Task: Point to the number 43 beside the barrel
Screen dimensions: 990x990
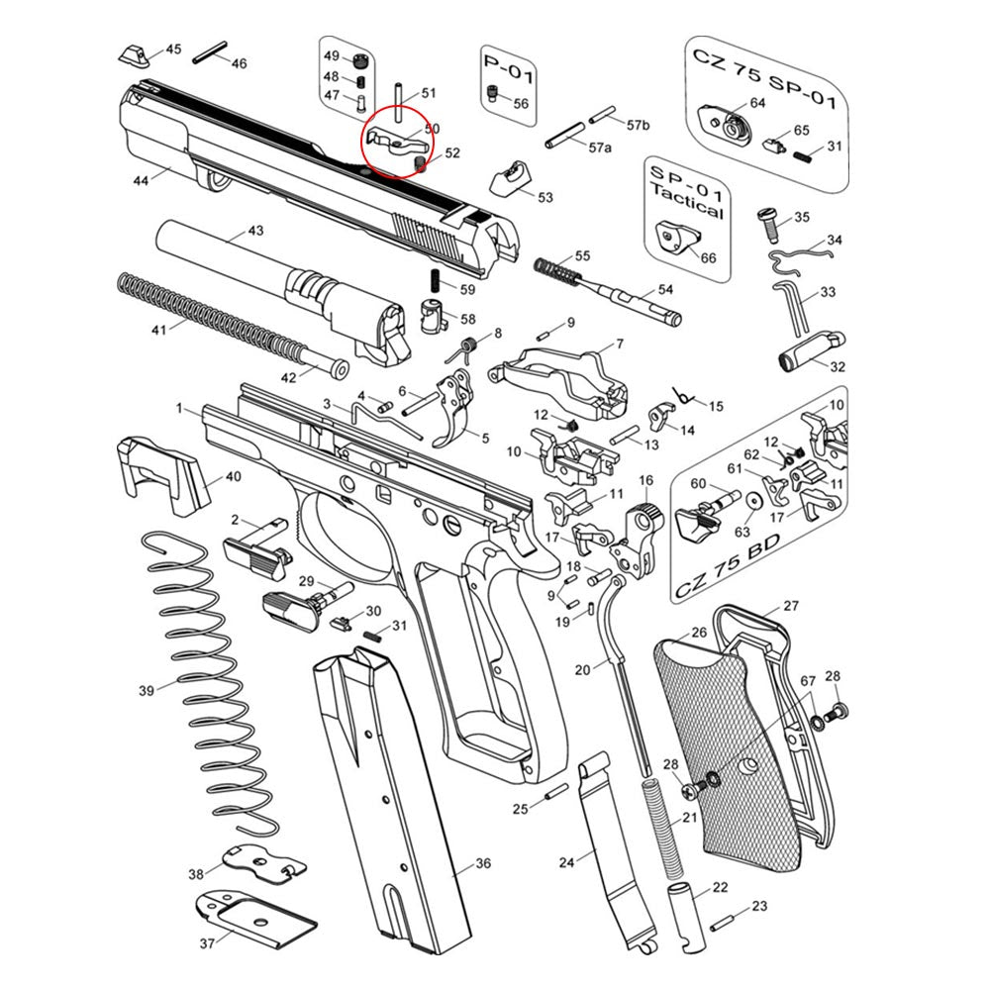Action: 254,230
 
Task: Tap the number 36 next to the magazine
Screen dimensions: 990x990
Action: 482,864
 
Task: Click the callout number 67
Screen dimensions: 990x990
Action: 808,682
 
